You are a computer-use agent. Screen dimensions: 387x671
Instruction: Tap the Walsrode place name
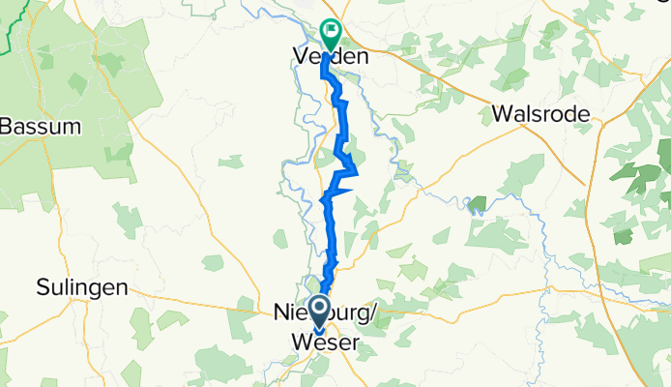pyautogui.click(x=540, y=113)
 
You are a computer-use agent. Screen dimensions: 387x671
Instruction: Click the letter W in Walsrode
pyautogui.click(x=502, y=113)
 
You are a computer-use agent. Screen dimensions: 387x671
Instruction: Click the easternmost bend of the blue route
pyautogui.click(x=357, y=174)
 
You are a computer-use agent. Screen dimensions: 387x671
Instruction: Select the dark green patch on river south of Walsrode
pyautogui.click(x=475, y=203)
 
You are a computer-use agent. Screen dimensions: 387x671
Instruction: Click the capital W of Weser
pyautogui.click(x=299, y=343)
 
